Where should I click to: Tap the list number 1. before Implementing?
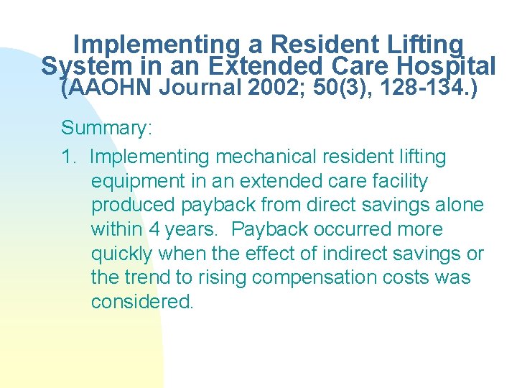pyautogui.click(x=70, y=157)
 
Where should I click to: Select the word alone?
pyautogui.click(x=460, y=205)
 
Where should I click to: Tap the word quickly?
pyautogui.click(x=121, y=254)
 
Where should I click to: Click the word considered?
pyautogui.click(x=142, y=302)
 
